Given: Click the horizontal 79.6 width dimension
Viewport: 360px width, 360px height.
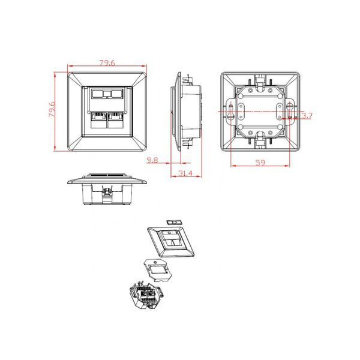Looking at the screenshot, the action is tap(107, 62).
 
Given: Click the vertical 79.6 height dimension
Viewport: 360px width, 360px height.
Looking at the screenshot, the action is tap(52, 110).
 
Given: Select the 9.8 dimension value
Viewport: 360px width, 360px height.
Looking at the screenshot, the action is tap(152, 160).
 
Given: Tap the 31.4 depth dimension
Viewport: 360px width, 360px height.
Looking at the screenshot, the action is tap(185, 173).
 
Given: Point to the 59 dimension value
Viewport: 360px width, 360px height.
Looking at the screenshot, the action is tap(260, 163).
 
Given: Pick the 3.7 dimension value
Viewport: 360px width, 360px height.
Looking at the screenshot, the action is tap(307, 116).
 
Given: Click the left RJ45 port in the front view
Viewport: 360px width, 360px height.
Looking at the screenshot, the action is tap(98, 120).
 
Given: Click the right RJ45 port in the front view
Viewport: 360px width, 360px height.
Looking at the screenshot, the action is tap(116, 120).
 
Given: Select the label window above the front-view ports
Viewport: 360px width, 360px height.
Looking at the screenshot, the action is tap(107, 94).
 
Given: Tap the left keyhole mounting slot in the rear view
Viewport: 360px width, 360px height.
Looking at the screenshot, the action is tap(230, 111).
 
